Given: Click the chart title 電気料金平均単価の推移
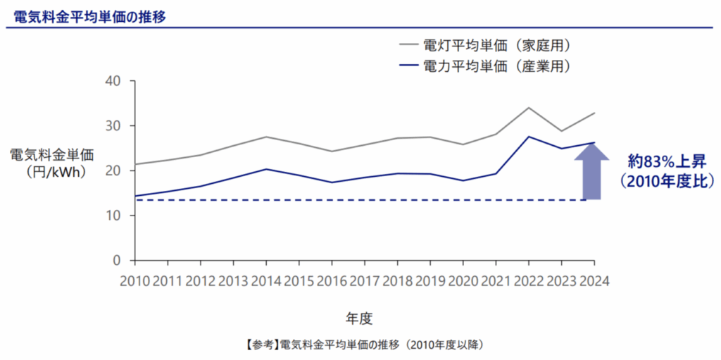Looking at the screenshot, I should tap(90, 15).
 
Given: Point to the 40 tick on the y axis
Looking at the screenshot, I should tap(117, 81).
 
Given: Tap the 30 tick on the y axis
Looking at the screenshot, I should tap(117, 126).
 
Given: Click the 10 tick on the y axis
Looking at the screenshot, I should tap(117, 216).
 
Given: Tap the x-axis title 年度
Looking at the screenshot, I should tap(359, 318).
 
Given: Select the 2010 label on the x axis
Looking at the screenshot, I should tap(134, 280).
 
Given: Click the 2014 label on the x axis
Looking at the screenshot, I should tap(266, 280).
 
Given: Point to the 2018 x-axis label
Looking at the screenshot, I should tap(397, 280).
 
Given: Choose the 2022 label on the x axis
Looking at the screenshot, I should tap(529, 280).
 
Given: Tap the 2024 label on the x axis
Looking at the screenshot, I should tap(593, 280).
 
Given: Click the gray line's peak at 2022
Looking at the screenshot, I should tap(529, 108).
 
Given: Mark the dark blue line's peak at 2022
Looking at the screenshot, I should tap(529, 137).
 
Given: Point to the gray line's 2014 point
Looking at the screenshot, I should tap(266, 137).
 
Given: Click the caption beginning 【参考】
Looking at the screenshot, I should tap(365, 345).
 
